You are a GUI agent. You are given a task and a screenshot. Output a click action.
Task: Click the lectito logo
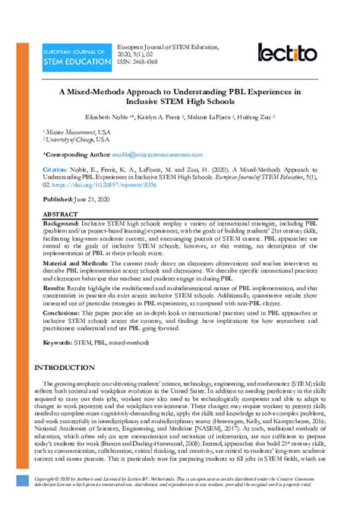click(x=288, y=52)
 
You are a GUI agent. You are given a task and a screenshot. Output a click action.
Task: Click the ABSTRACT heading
click(x=61, y=214)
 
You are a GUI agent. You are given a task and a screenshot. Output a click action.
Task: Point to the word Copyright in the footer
click(x=47, y=481)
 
